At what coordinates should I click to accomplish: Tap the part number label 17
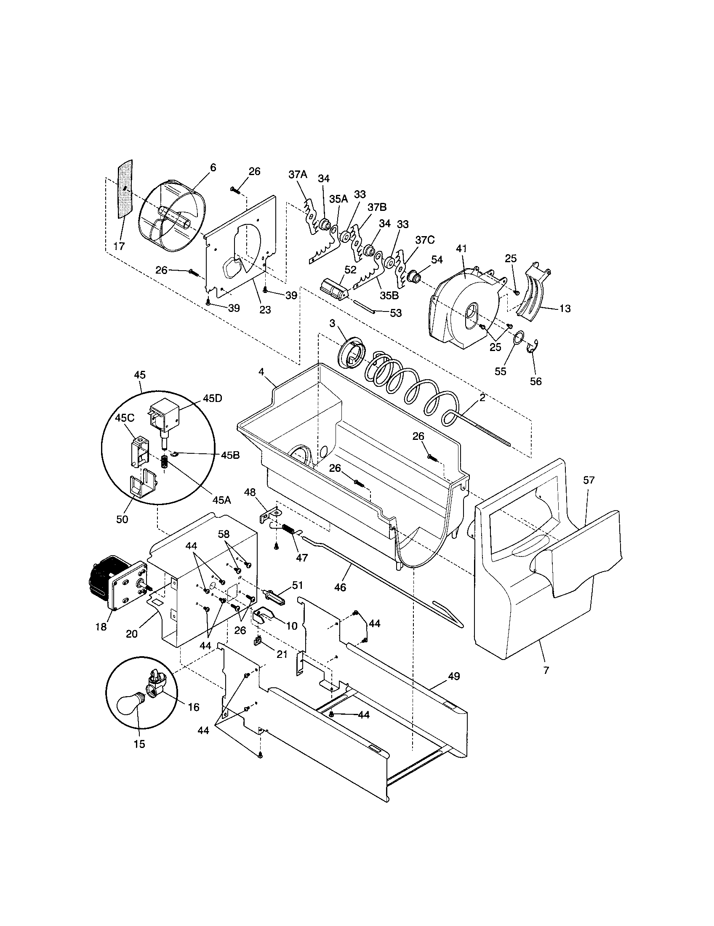119,246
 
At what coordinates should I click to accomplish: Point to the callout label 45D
213,399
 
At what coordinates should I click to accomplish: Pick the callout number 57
589,480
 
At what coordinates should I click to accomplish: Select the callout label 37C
425,239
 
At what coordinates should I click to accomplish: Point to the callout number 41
461,248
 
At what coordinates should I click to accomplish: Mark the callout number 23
265,310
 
